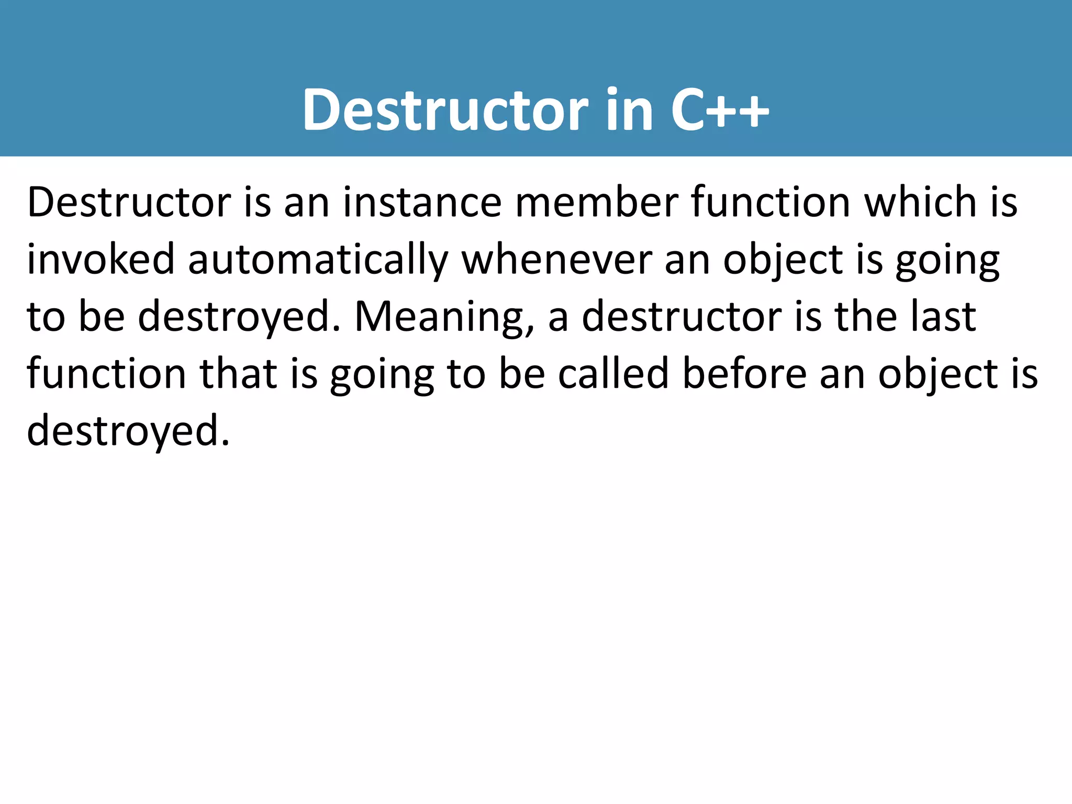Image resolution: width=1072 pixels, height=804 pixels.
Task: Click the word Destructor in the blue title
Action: [x=445, y=110]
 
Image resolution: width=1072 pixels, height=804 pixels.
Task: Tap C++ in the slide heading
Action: [x=720, y=110]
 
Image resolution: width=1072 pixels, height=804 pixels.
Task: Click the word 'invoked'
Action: [x=100, y=260]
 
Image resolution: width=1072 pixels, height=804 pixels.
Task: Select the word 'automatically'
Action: [x=318, y=260]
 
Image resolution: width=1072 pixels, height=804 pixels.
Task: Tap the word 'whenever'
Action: [x=557, y=260]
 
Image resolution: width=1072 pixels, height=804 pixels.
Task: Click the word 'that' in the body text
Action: [x=239, y=374]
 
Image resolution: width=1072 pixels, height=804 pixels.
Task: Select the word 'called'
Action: [x=613, y=374]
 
